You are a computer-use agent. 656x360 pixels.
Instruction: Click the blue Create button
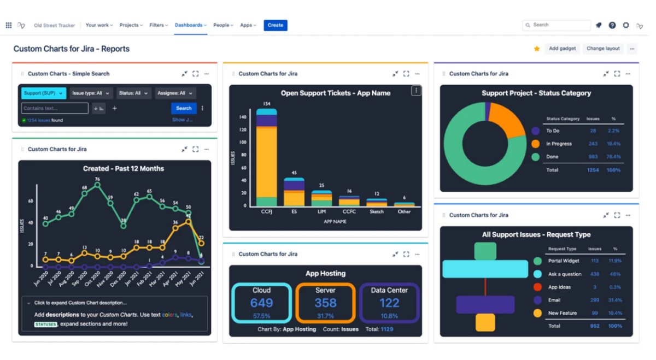click(275, 25)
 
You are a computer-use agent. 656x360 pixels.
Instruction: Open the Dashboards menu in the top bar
click(190, 25)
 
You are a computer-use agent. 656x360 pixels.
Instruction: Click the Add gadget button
click(562, 49)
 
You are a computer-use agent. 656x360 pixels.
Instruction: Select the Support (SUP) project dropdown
click(43, 93)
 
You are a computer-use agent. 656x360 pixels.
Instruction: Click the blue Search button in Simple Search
click(184, 108)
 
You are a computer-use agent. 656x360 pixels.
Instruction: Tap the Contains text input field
click(55, 108)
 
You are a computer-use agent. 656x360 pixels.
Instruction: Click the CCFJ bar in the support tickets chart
click(266, 158)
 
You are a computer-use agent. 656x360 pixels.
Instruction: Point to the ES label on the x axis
click(294, 211)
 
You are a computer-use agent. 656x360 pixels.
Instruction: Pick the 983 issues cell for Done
click(593, 157)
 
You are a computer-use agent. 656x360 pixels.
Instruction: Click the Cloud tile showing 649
click(261, 303)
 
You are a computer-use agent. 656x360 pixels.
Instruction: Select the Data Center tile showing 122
click(389, 303)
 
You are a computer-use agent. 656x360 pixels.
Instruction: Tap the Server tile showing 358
click(325, 303)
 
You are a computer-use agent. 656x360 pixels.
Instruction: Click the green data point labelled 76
click(97, 185)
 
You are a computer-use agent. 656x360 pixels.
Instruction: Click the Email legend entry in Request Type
click(554, 300)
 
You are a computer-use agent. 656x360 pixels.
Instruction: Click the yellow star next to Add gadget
click(537, 49)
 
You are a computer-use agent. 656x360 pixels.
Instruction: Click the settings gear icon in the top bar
click(626, 25)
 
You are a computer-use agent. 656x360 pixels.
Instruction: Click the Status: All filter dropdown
click(133, 93)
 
